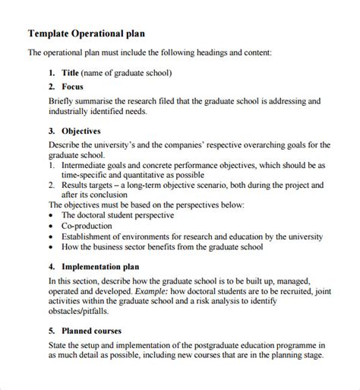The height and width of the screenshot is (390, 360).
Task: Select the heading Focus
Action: click(74, 87)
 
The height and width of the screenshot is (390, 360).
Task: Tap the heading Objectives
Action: click(81, 131)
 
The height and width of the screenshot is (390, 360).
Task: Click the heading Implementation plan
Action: click(103, 267)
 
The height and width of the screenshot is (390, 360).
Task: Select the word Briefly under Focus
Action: click(43, 100)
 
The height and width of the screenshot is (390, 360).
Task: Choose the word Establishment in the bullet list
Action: click(89, 236)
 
